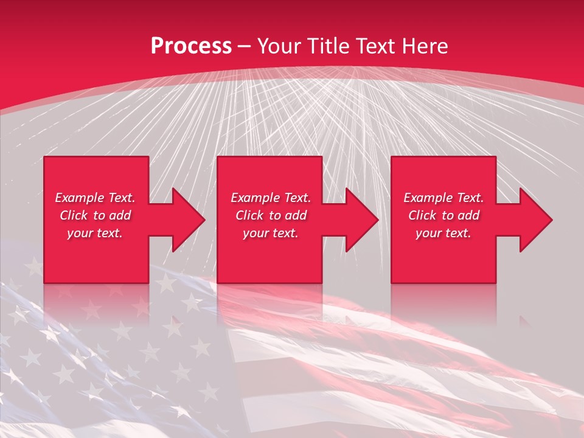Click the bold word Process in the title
pyautogui.click(x=191, y=46)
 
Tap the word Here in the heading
pyautogui.click(x=424, y=46)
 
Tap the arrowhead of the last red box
pyautogui.click(x=535, y=220)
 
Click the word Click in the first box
pyautogui.click(x=74, y=215)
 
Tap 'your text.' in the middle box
pyautogui.click(x=271, y=233)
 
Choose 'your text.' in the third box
pyautogui.click(x=443, y=233)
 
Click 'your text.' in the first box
pyautogui.click(x=95, y=233)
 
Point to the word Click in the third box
pyautogui.click(x=422, y=215)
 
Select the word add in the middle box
pyautogui.click(x=296, y=215)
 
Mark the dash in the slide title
pyautogui.click(x=245, y=46)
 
